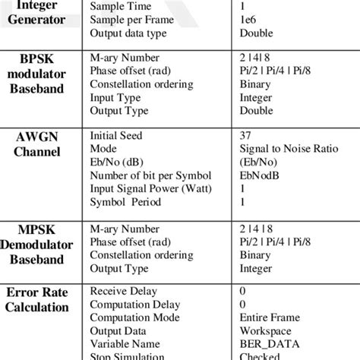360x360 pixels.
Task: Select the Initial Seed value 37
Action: tap(246, 135)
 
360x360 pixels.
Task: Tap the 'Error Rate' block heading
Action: tap(36, 292)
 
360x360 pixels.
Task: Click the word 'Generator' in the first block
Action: tap(36, 20)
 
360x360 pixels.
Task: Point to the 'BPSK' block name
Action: tap(36, 58)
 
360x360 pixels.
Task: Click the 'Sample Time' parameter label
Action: tap(120, 6)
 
